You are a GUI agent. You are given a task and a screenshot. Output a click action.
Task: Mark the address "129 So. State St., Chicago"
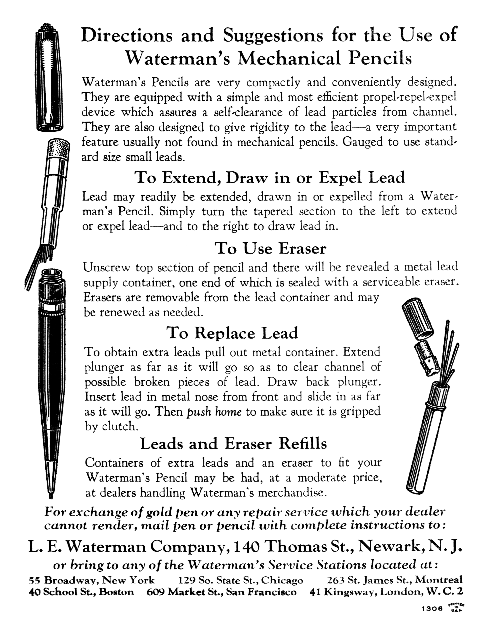point(241,581)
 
